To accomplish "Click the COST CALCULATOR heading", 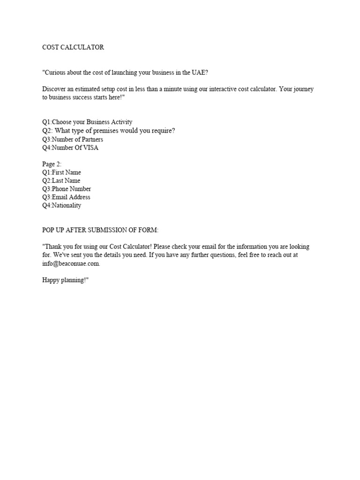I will (x=73, y=47).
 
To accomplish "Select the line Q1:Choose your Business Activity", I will (x=87, y=122).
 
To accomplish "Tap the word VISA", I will (x=90, y=148).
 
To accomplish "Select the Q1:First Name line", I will (x=61, y=172).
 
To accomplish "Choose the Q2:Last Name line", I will (x=61, y=181).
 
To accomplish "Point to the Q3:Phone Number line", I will (x=67, y=189).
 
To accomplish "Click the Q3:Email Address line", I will (x=66, y=197).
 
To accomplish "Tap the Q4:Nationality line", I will (x=61, y=205).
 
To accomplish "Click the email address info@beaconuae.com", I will (x=71, y=263).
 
